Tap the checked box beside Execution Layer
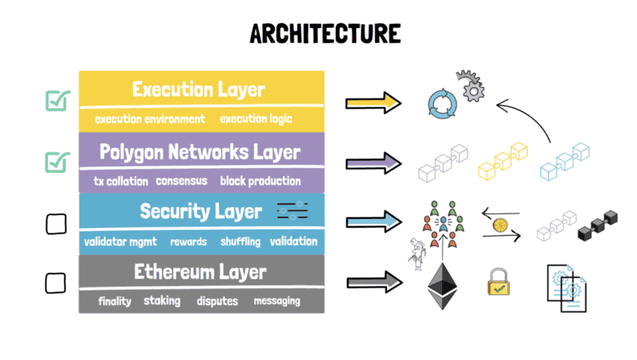(57, 101)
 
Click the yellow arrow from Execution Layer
(374, 102)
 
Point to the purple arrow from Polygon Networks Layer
(374, 163)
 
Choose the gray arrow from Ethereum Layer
(374, 281)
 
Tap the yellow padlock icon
(498, 282)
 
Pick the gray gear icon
(470, 85)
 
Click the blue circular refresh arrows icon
(440, 104)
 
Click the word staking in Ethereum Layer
(162, 301)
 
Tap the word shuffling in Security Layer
(239, 241)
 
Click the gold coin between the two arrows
(502, 225)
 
